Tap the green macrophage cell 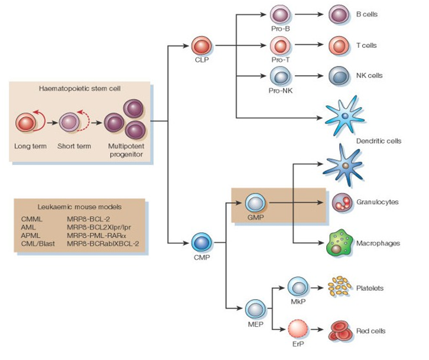(340, 242)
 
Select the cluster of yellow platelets (339, 287)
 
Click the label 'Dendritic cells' (379, 141)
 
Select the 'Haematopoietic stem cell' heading (80, 89)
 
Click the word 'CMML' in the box (31, 219)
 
